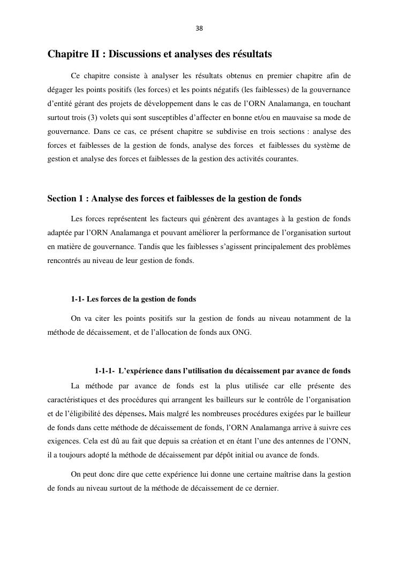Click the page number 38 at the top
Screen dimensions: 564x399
coord(199,28)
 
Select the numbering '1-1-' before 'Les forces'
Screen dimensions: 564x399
coord(79,299)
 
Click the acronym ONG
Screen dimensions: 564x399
coord(242,332)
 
